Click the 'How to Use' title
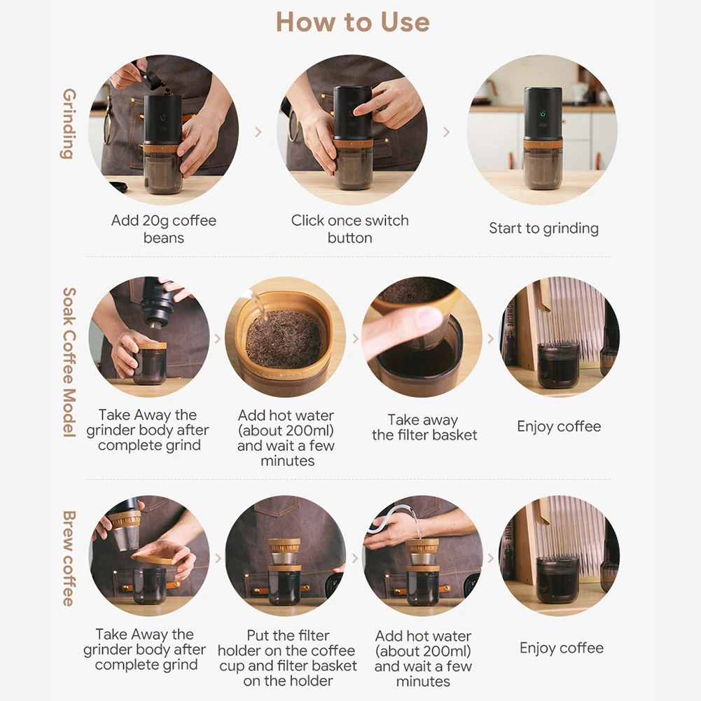[353, 22]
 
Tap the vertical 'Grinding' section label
[69, 123]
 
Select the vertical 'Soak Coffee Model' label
[69, 362]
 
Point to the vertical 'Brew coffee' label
[69, 558]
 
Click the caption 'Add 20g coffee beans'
[164, 229]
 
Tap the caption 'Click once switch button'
[349, 229]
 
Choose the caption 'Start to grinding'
[543, 228]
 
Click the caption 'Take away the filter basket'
[424, 427]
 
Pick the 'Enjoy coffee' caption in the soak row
[559, 426]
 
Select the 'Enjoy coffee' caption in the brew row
[562, 648]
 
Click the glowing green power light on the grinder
[543, 114]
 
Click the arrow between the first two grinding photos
[258, 132]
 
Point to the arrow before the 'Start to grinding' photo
[447, 132]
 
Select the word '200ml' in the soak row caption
[310, 431]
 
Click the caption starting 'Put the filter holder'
[287, 658]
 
